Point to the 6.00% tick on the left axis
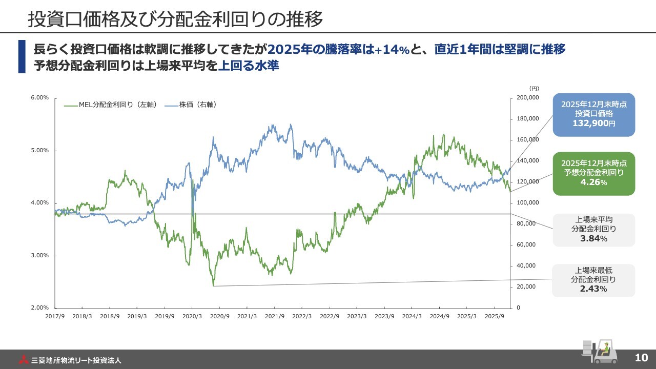pyautogui.click(x=40, y=98)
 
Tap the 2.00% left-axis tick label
pyautogui.click(x=40, y=308)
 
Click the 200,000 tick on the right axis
pyautogui.click(x=527, y=98)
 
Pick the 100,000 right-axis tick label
pyautogui.click(x=527, y=203)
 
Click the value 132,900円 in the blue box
pyautogui.click(x=593, y=124)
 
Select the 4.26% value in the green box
pyautogui.click(x=593, y=182)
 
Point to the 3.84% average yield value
pyautogui.click(x=593, y=239)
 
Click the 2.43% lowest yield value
pyautogui.click(x=593, y=289)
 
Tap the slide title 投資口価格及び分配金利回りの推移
pyautogui.click(x=175, y=20)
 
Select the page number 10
pyautogui.click(x=641, y=358)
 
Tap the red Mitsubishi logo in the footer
pyautogui.click(x=25, y=360)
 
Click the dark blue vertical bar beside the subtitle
pyautogui.click(x=22, y=57)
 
